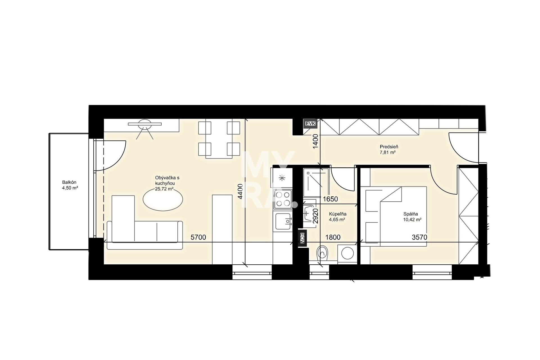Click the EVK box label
pyautogui.click(x=310, y=124)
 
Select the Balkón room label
pyautogui.click(x=69, y=182)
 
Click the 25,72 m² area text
pyautogui.click(x=164, y=189)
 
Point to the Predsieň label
pyautogui.click(x=389, y=147)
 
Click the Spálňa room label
pyautogui.click(x=410, y=214)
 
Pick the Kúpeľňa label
pyautogui.click(x=338, y=214)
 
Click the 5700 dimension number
pyautogui.click(x=198, y=237)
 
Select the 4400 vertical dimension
pyautogui.click(x=240, y=191)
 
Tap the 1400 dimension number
pyautogui.click(x=316, y=141)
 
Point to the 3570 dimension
pyautogui.click(x=419, y=237)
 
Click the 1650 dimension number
pyautogui.click(x=330, y=199)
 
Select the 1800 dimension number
pyautogui.click(x=333, y=237)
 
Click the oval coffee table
pyautogui.click(x=163, y=199)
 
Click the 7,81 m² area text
pyautogui.click(x=388, y=152)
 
